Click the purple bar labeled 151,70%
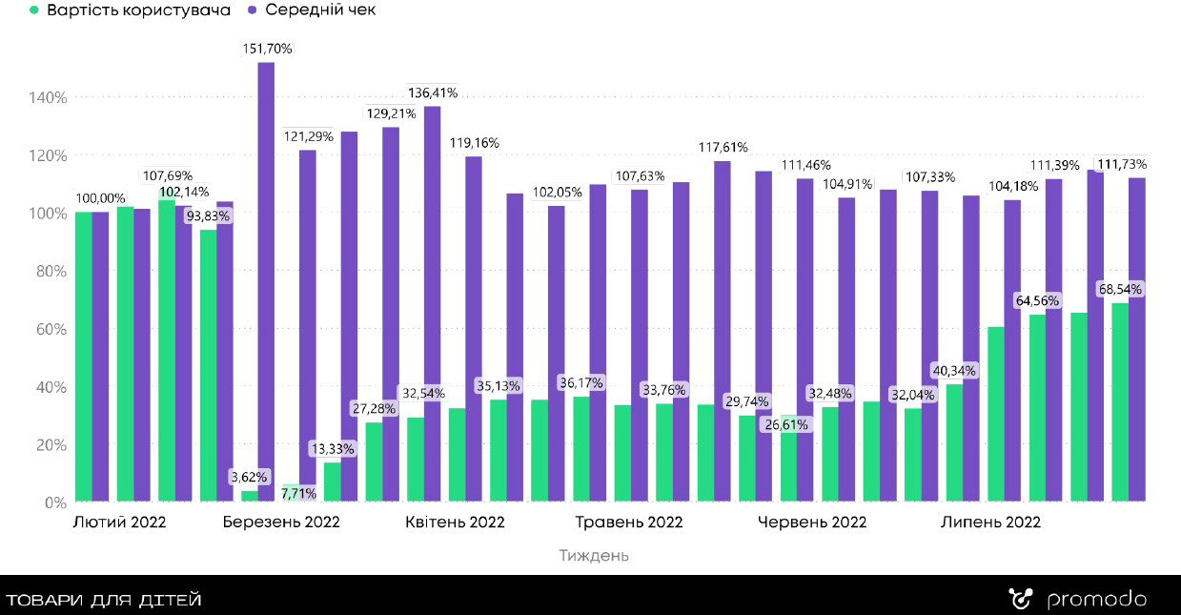point(266,281)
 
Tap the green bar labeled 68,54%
point(1120,401)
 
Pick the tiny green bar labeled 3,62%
point(250,496)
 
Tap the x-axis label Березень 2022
point(281,523)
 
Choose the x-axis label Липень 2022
point(990,523)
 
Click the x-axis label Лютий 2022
point(119,523)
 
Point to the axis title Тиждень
point(594,555)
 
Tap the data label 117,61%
point(723,147)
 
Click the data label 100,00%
point(101,198)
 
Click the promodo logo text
point(1096,600)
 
